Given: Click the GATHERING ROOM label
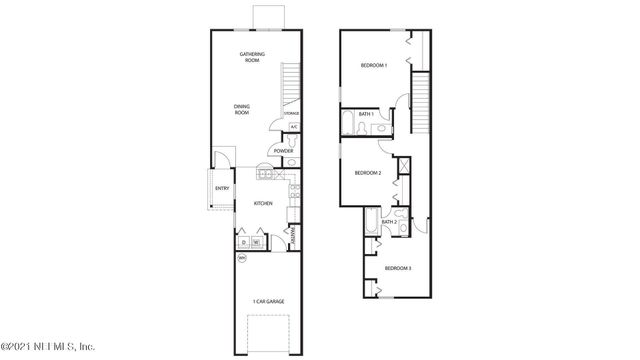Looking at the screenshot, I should tap(250, 57).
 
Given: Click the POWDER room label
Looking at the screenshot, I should tap(284, 151).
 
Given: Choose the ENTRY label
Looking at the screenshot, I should tap(221, 188).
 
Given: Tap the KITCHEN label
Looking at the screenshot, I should tap(263, 203).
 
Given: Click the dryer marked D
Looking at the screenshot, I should tap(243, 241).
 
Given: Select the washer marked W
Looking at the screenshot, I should tap(256, 241).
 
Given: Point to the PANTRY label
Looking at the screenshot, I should tap(291, 236).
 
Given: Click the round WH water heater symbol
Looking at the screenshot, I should tap(241, 258).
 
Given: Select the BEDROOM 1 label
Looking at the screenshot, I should tap(374, 66).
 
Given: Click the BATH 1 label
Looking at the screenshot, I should tap(367, 114).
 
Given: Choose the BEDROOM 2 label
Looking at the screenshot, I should tap(367, 172).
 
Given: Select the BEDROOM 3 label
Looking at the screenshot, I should tap(398, 268).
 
